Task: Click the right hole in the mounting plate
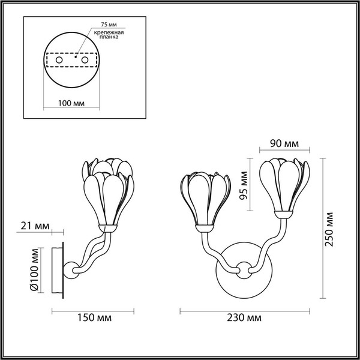85,61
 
